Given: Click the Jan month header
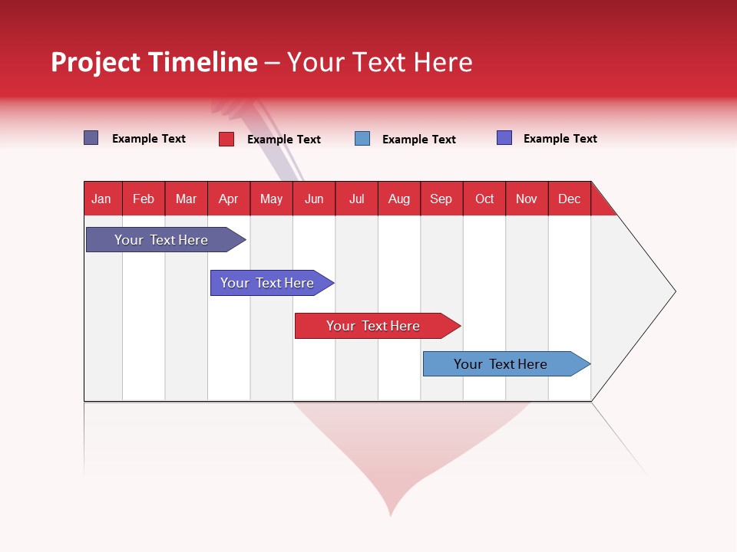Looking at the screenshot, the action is (x=101, y=199).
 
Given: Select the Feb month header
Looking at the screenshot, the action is (x=144, y=199).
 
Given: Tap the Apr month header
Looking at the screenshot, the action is (x=229, y=199).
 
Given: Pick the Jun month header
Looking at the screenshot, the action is (x=314, y=199).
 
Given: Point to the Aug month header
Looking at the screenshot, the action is (x=399, y=199).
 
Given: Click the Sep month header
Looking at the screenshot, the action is (x=441, y=199).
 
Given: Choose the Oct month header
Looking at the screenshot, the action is (x=484, y=199).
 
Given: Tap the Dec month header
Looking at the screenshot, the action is (x=570, y=199).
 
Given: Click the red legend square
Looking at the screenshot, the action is (x=226, y=139).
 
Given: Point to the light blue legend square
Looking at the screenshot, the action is (x=362, y=139).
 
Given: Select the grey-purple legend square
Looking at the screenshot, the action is (x=91, y=138).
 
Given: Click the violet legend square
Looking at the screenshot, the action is (x=504, y=138).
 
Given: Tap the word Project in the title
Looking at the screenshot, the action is (x=95, y=62).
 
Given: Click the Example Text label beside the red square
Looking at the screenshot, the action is (x=284, y=140).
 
